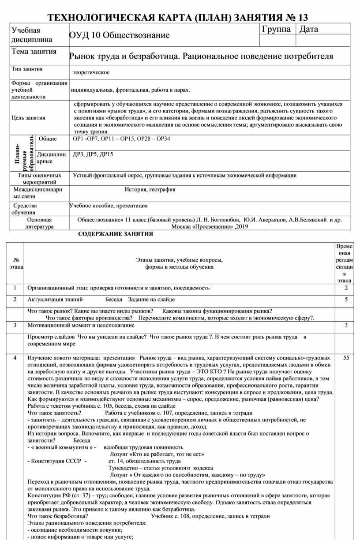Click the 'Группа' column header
[x=276, y=30]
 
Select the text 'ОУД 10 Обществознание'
[x=119, y=35]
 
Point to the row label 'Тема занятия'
[x=34, y=52]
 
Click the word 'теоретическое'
[x=91, y=72]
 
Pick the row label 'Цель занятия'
[x=28, y=118]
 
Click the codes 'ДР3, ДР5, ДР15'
[x=93, y=154]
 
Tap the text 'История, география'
[x=150, y=189]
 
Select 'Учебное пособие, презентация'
[x=108, y=206]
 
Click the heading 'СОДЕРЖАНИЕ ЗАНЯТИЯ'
[x=115, y=234]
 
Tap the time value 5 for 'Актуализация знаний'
[x=346, y=300]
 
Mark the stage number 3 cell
[x=15, y=325]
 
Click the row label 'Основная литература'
[x=39, y=223]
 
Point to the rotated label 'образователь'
[x=31, y=153]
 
